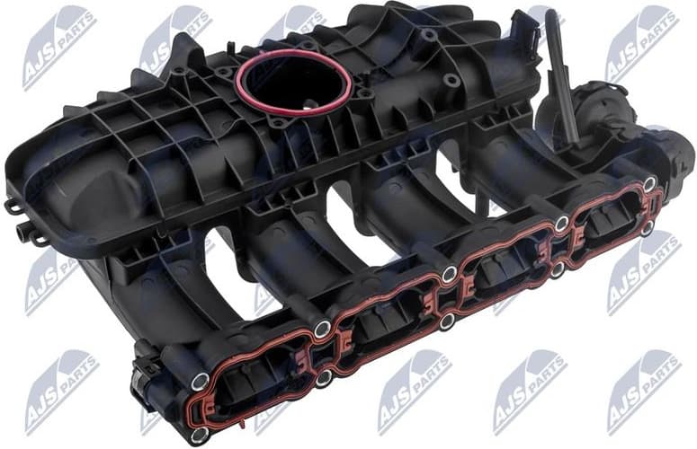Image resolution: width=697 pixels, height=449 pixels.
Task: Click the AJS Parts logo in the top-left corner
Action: click(59, 45)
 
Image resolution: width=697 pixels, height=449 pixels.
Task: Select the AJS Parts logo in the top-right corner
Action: click(640, 40)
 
